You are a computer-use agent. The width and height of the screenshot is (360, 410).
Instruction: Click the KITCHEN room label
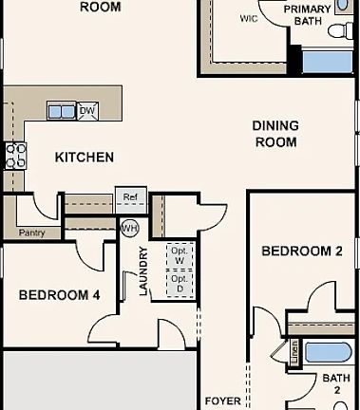coord(84,158)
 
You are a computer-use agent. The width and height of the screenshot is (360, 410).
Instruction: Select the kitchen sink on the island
coord(62,111)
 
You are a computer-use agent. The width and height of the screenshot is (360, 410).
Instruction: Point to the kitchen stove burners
coord(16,155)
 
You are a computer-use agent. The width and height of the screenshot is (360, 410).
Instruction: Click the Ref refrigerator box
coord(130,197)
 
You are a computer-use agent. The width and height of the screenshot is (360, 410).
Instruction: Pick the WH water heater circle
coord(130,228)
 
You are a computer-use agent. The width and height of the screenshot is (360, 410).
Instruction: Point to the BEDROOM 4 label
coord(59,295)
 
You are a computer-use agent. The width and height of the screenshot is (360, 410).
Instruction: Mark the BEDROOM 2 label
coord(301,252)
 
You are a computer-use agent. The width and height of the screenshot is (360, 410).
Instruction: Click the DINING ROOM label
coord(275,134)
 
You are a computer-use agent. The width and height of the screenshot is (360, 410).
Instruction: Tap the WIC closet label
coord(249,18)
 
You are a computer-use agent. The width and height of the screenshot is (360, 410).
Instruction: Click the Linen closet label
coord(294,352)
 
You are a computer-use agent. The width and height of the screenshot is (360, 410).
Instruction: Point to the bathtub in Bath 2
coord(328,353)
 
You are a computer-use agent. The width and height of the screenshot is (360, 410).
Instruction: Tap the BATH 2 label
coord(335,384)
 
